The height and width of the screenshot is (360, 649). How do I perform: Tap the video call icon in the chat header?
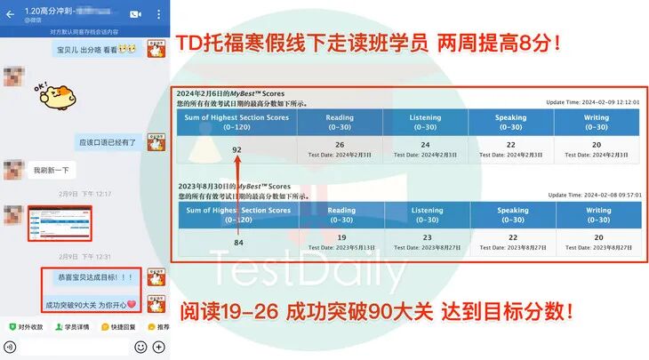[x=135, y=14]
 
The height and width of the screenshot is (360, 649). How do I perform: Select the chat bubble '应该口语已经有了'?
[x=108, y=140]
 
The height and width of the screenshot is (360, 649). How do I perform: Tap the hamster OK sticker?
[x=57, y=95]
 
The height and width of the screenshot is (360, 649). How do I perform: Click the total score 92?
[x=236, y=149]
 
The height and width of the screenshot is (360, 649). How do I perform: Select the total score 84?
[x=237, y=242]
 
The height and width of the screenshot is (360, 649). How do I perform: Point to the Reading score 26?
[x=340, y=144]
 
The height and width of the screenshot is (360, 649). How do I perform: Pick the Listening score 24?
[x=425, y=144]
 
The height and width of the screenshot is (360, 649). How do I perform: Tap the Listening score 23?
[x=425, y=237]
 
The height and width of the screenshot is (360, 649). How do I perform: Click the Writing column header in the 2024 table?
[x=597, y=122]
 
